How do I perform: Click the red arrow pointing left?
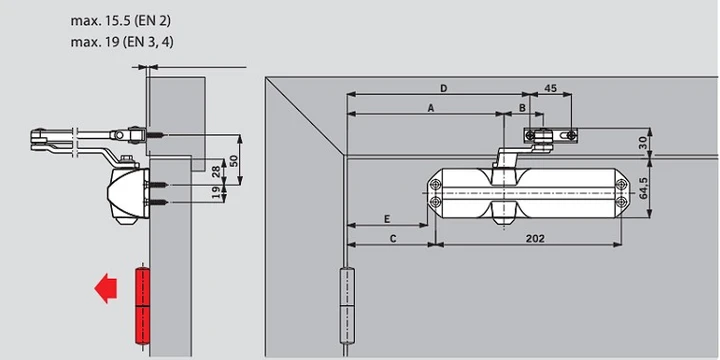(x=105, y=288)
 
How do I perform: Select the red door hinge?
(x=142, y=305)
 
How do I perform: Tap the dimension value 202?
(x=535, y=238)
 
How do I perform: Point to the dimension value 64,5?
(x=642, y=187)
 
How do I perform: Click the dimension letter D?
(x=444, y=88)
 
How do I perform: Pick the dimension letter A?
(x=431, y=108)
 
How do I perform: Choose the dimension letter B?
(x=522, y=108)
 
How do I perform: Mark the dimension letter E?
(x=387, y=219)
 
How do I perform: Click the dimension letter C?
(x=393, y=239)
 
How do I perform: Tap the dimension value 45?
(x=550, y=88)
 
